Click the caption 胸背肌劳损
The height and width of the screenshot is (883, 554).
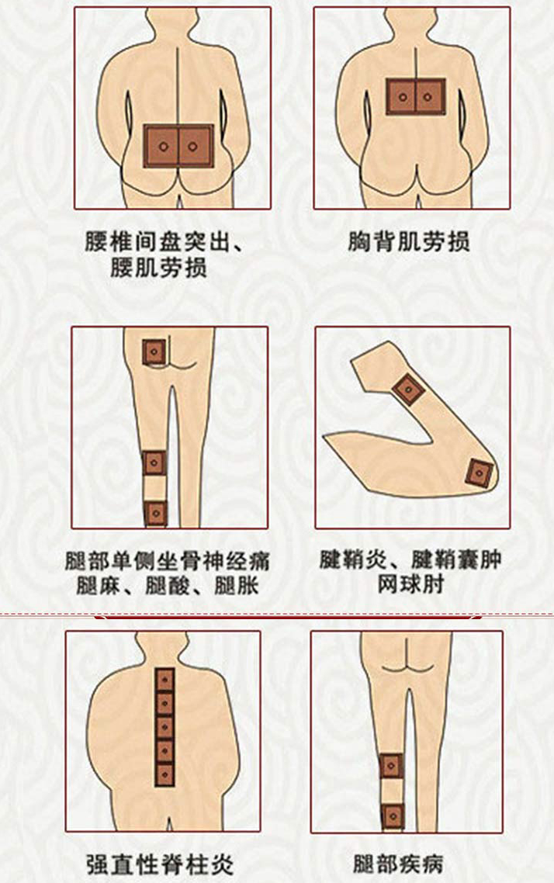408,242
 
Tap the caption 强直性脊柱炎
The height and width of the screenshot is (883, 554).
159,864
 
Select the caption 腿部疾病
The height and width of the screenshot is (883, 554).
398,864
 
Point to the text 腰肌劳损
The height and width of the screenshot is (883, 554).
158,268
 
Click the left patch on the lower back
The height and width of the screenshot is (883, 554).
161,147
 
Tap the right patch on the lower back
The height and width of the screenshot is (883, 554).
196,147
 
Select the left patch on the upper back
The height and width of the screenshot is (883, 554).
401,97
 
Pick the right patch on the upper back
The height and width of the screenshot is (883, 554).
430,97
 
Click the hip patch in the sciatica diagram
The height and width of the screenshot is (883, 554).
154,352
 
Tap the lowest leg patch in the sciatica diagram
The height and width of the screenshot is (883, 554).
155,513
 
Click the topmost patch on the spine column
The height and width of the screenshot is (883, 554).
165,680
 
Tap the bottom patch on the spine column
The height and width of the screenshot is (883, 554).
165,774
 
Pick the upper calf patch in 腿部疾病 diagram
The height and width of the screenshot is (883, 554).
392,766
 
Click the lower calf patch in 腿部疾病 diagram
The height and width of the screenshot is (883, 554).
393,816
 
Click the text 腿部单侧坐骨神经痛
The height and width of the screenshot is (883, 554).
167,561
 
